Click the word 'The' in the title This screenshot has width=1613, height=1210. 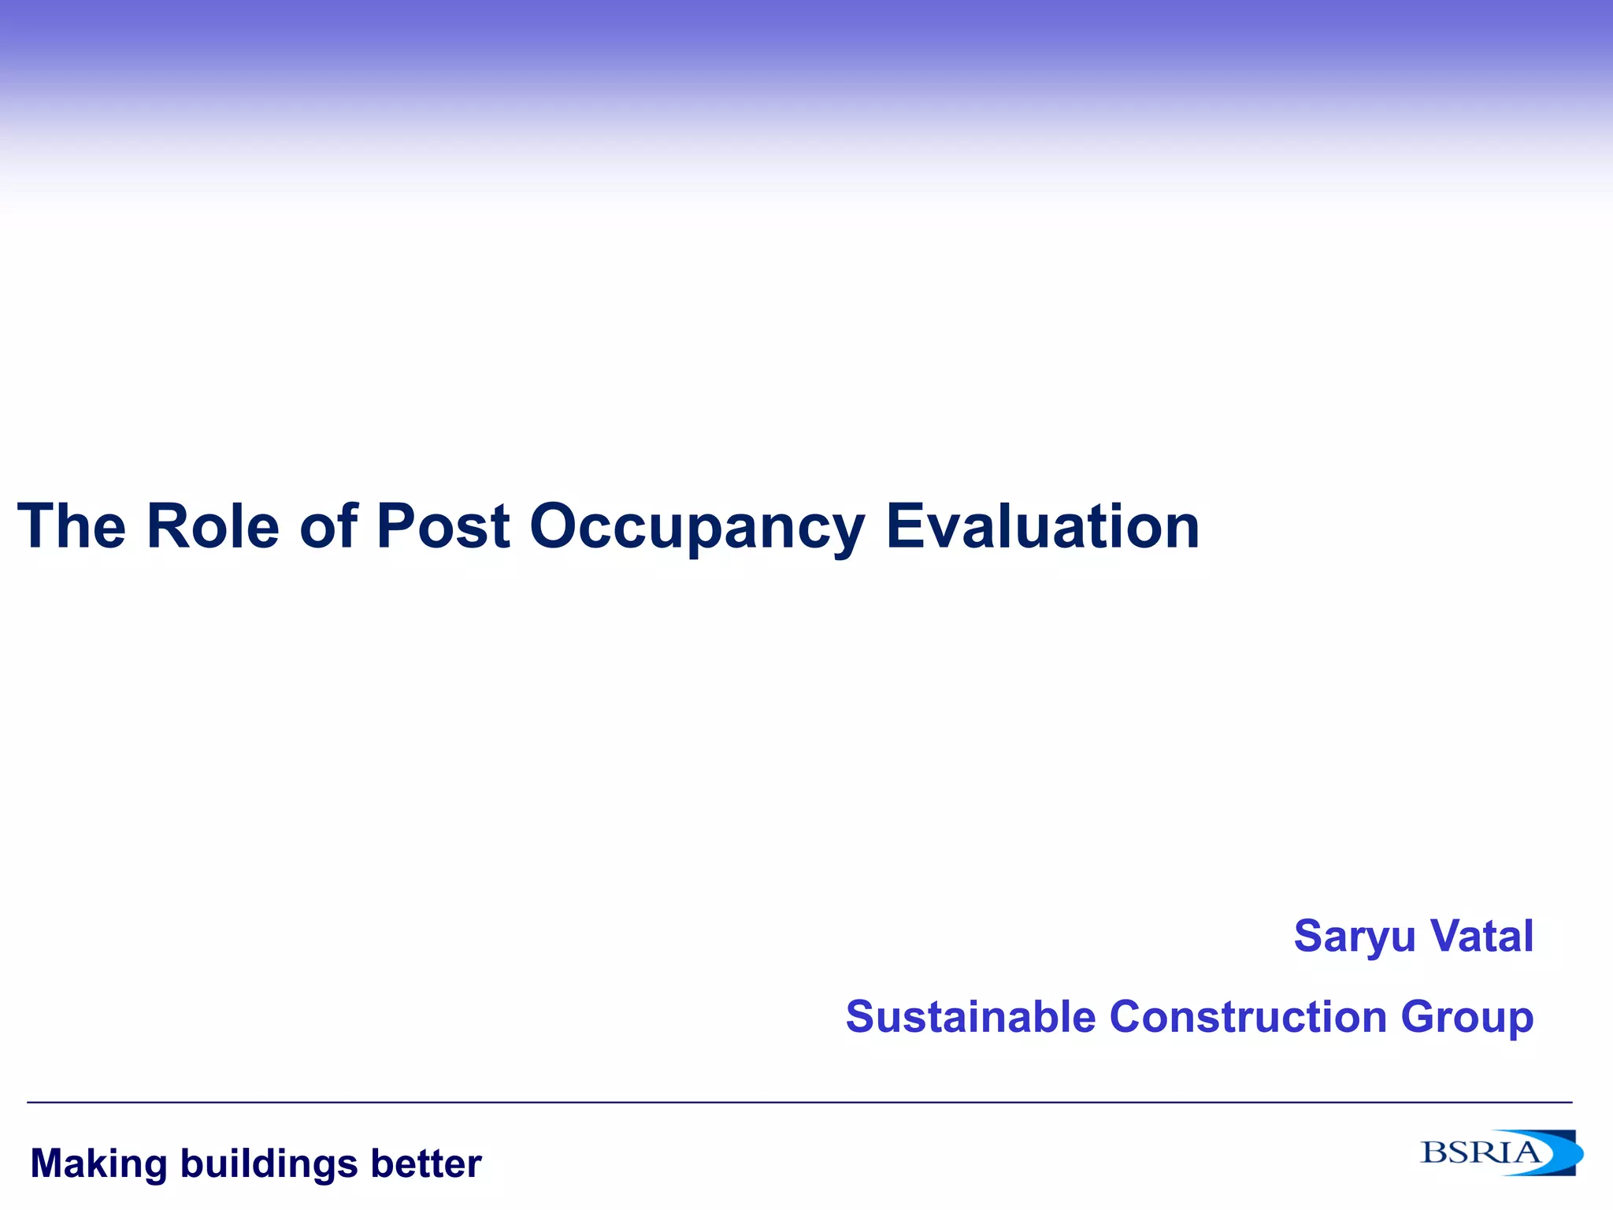[x=72, y=526]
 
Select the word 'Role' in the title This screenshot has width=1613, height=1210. [x=213, y=526]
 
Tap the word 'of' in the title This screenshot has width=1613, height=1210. [x=328, y=526]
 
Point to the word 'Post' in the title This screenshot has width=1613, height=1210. [x=443, y=526]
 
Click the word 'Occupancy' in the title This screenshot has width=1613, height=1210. [x=697, y=528]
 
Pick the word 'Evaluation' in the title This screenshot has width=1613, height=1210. [x=1043, y=526]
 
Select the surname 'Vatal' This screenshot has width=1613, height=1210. [x=1481, y=936]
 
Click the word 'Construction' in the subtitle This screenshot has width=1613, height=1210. [x=1248, y=1016]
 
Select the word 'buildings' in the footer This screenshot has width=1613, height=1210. [x=269, y=1164]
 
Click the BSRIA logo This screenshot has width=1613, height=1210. [x=1500, y=1152]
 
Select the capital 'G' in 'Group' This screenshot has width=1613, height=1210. [x=1418, y=1016]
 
